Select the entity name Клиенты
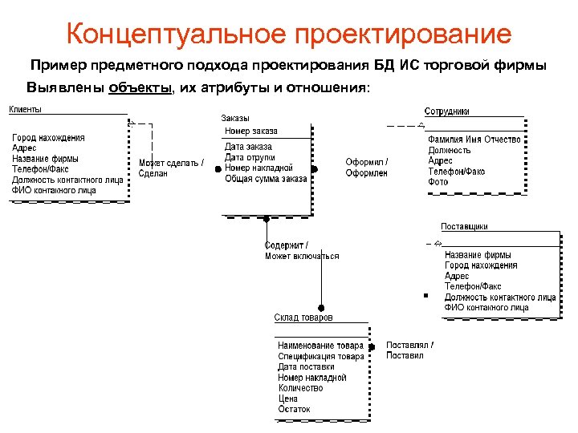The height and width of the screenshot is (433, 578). pos(26,109)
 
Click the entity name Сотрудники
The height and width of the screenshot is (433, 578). pos(447,111)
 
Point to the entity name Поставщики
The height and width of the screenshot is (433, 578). pos(464,227)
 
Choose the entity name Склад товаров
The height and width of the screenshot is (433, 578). pos(303,318)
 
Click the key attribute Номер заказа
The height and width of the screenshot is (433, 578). pos(251,131)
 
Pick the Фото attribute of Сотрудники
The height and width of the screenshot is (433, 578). pos(438,182)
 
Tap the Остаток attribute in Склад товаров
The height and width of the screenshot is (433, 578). pos(294,409)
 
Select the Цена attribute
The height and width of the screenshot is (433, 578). pos(287,399)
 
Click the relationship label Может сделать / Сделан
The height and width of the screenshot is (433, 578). pos(170,168)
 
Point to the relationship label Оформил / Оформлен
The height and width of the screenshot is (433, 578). pos(367,168)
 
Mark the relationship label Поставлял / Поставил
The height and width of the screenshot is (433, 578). pos(409,350)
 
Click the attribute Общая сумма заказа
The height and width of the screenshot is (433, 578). pos(266,179)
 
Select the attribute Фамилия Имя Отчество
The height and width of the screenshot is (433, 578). pos(474,140)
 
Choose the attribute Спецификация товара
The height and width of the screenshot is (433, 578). pos(321,356)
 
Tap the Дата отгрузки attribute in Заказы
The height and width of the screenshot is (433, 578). pos(250,157)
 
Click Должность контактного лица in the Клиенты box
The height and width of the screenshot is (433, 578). pos(67,180)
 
